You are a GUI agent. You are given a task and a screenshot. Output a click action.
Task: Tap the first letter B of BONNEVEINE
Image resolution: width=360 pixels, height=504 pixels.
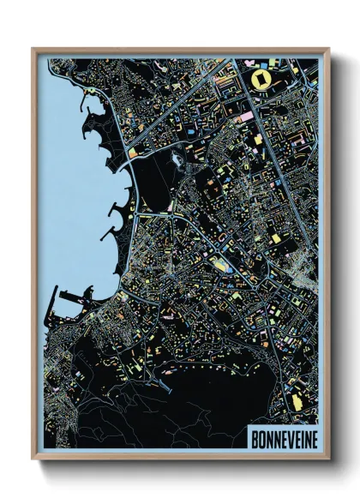pyautogui.click(x=253, y=437)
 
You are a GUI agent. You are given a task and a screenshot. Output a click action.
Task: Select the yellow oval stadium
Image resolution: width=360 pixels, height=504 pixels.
pyautogui.click(x=261, y=80)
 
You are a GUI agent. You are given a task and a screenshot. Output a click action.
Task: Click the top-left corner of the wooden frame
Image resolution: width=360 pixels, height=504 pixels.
pyautogui.click(x=33, y=49)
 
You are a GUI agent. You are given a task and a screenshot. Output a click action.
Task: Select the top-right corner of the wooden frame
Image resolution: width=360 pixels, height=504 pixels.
pyautogui.click(x=328, y=49)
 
